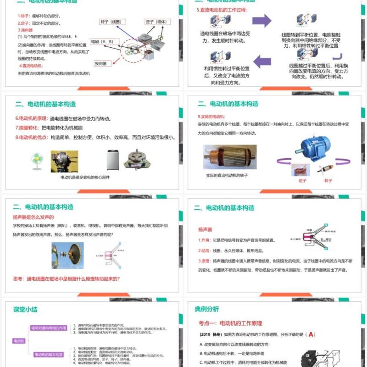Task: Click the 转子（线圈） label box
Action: pyautogui.click(x=111, y=22)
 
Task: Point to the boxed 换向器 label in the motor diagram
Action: pyautogui.click(x=101, y=63)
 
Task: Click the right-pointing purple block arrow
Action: pyautogui.click(x=261, y=21)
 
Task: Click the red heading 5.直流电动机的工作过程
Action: pyautogui.click(x=222, y=10)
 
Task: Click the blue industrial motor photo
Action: pyautogui.click(x=317, y=145)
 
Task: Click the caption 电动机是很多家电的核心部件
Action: pyautogui.click(x=85, y=177)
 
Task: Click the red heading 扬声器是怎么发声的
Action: pyautogui.click(x=33, y=217)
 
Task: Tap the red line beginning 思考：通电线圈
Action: pyautogui.click(x=67, y=278)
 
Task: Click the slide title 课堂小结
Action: pyautogui.click(x=25, y=309)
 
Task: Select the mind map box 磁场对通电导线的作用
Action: pyautogui.click(x=48, y=328)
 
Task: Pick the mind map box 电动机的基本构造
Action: pyautogui.click(x=48, y=354)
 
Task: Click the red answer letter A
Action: pyautogui.click(x=311, y=334)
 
